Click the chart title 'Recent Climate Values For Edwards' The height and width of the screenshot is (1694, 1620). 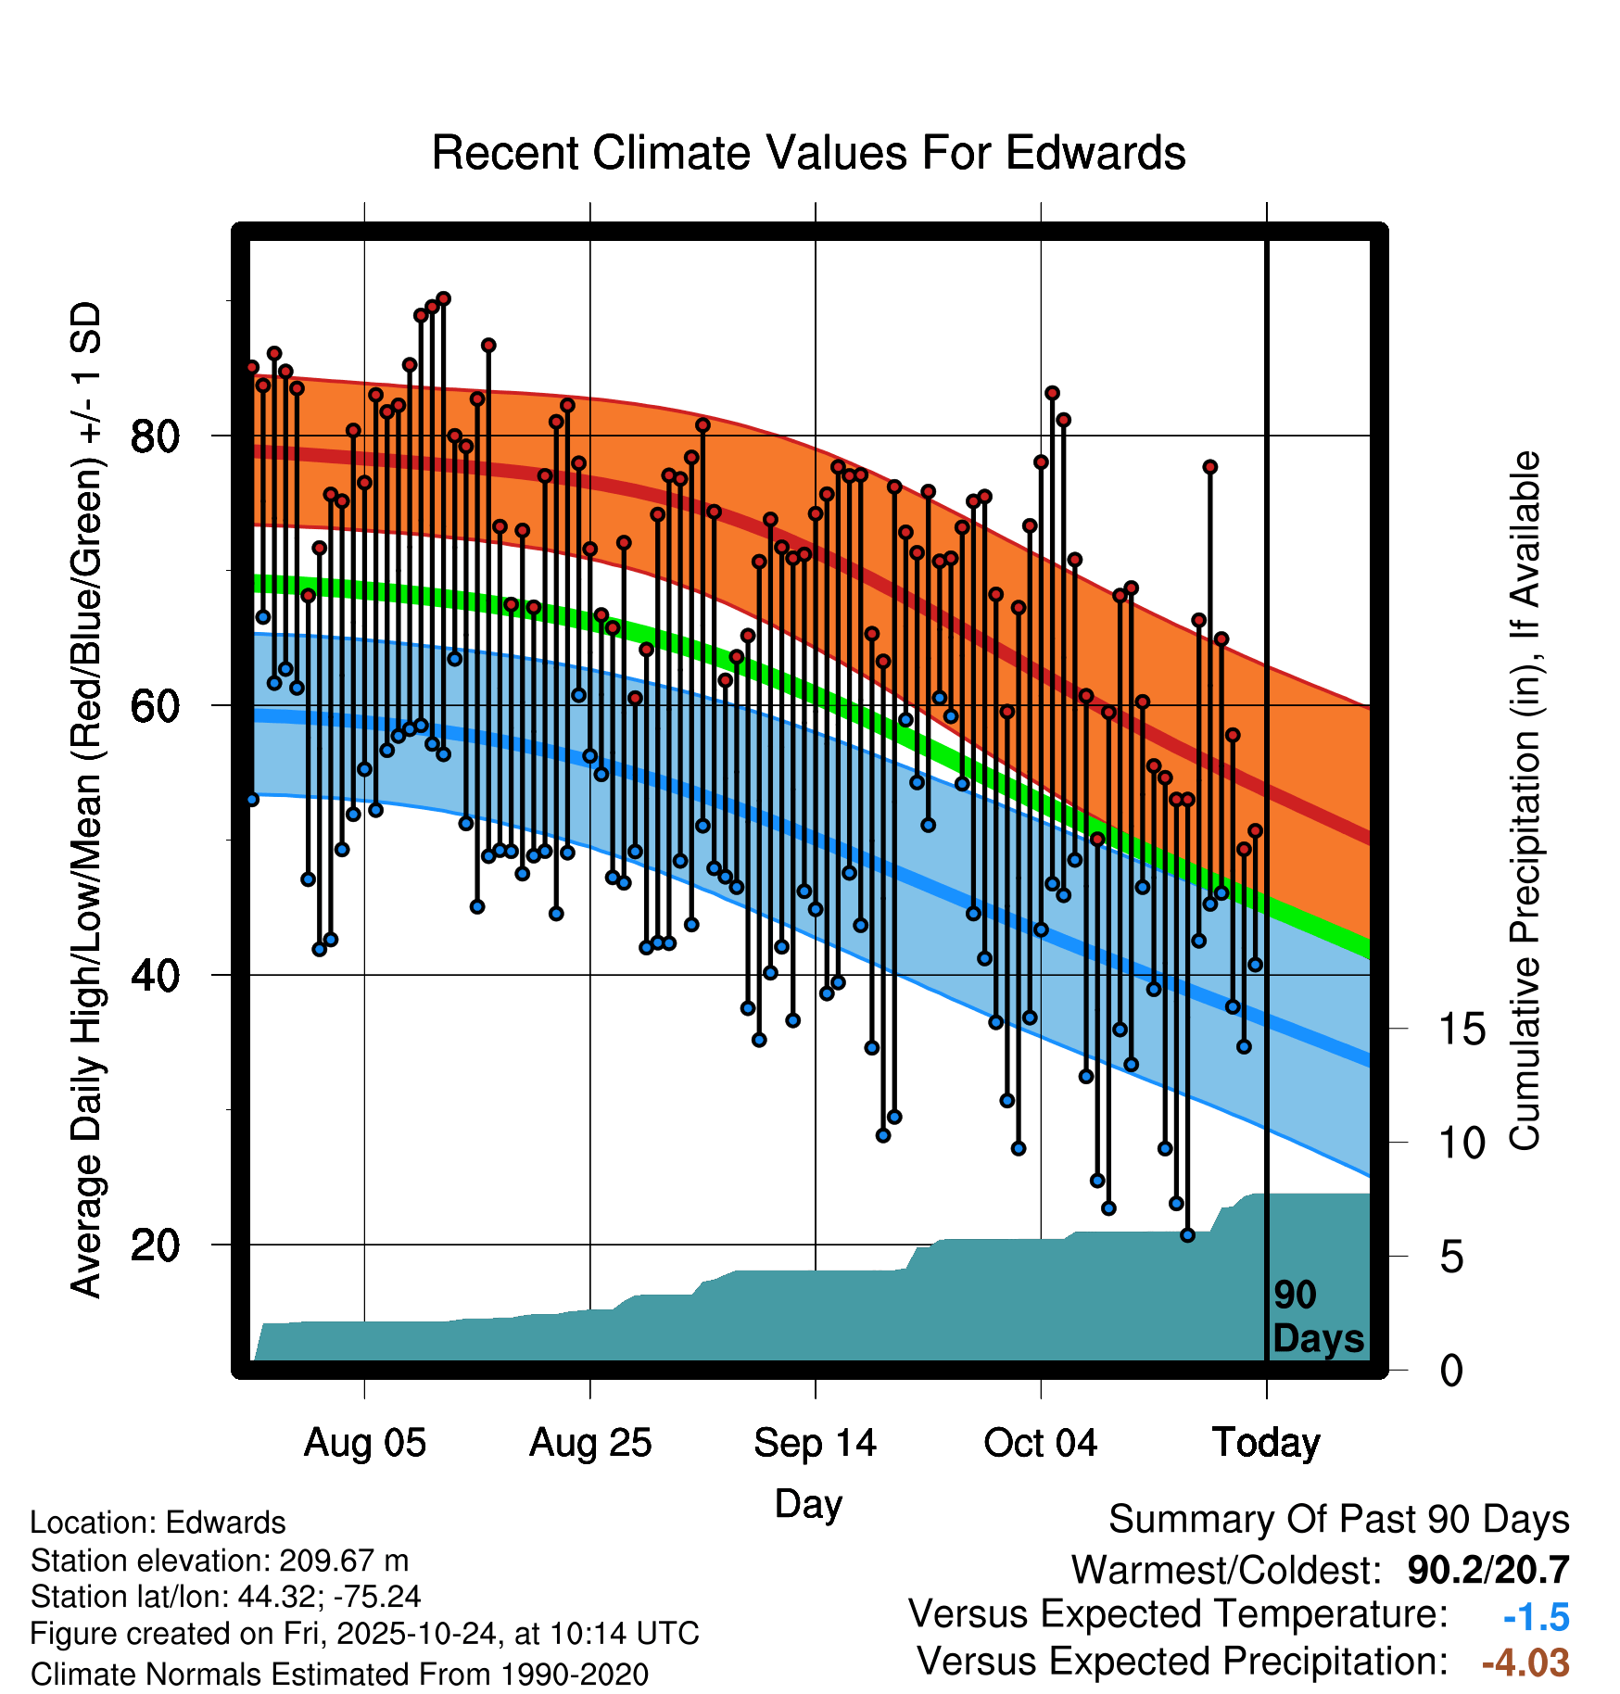click(808, 153)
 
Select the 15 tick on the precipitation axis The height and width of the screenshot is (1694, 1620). click(1462, 1029)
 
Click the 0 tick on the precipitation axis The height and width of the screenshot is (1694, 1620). click(1451, 1370)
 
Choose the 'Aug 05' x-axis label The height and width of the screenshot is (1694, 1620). click(364, 1443)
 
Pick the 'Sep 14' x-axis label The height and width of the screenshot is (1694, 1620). click(815, 1443)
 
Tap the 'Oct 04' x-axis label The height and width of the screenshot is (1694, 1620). click(1040, 1443)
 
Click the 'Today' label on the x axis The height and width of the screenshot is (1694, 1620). click(1266, 1443)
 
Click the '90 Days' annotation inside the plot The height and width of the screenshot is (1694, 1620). click(1317, 1317)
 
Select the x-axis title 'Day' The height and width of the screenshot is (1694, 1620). click(808, 1503)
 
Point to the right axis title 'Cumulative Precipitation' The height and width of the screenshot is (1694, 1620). click(1525, 802)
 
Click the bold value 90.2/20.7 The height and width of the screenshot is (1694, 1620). click(1487, 1570)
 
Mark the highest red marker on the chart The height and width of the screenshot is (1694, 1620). click(443, 298)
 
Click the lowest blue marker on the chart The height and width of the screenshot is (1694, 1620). click(1187, 1235)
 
